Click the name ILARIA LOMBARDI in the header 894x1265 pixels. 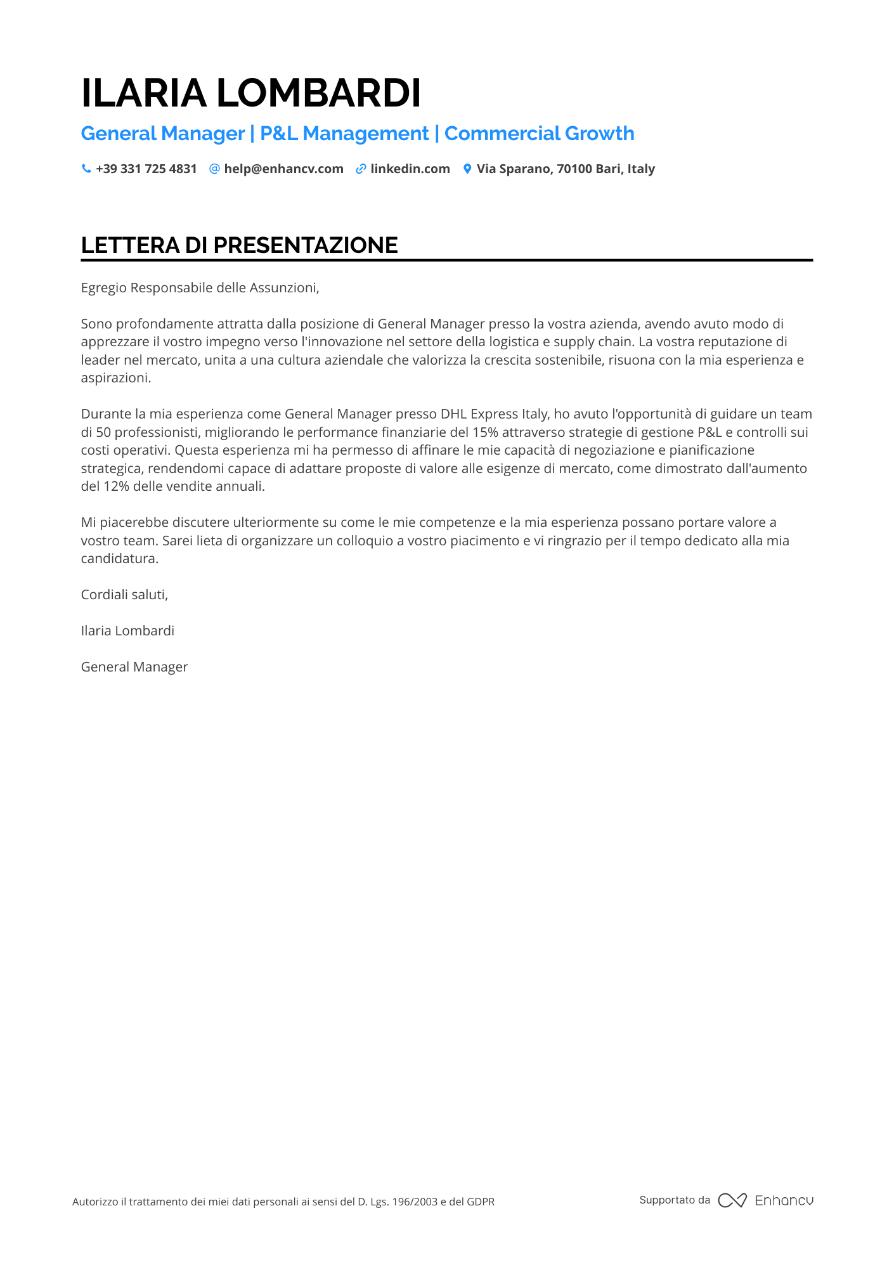(x=251, y=93)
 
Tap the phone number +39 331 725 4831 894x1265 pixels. (x=146, y=169)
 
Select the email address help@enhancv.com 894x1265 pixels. (x=283, y=169)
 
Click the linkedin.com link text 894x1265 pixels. (x=410, y=169)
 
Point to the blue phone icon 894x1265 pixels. (x=86, y=169)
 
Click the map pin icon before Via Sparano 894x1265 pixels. (x=467, y=169)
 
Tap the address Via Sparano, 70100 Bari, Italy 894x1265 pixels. (x=566, y=169)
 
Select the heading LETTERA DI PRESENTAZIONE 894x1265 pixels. (x=240, y=245)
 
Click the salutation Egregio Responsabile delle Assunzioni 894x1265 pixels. (x=200, y=288)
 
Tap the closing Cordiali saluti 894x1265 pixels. (x=124, y=595)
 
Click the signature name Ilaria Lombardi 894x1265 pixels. (x=127, y=631)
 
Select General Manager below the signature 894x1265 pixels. (x=134, y=667)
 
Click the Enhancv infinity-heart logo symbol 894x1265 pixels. (x=732, y=1200)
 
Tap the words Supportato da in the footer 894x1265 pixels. (x=675, y=1200)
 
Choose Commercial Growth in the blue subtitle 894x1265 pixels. (x=539, y=134)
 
